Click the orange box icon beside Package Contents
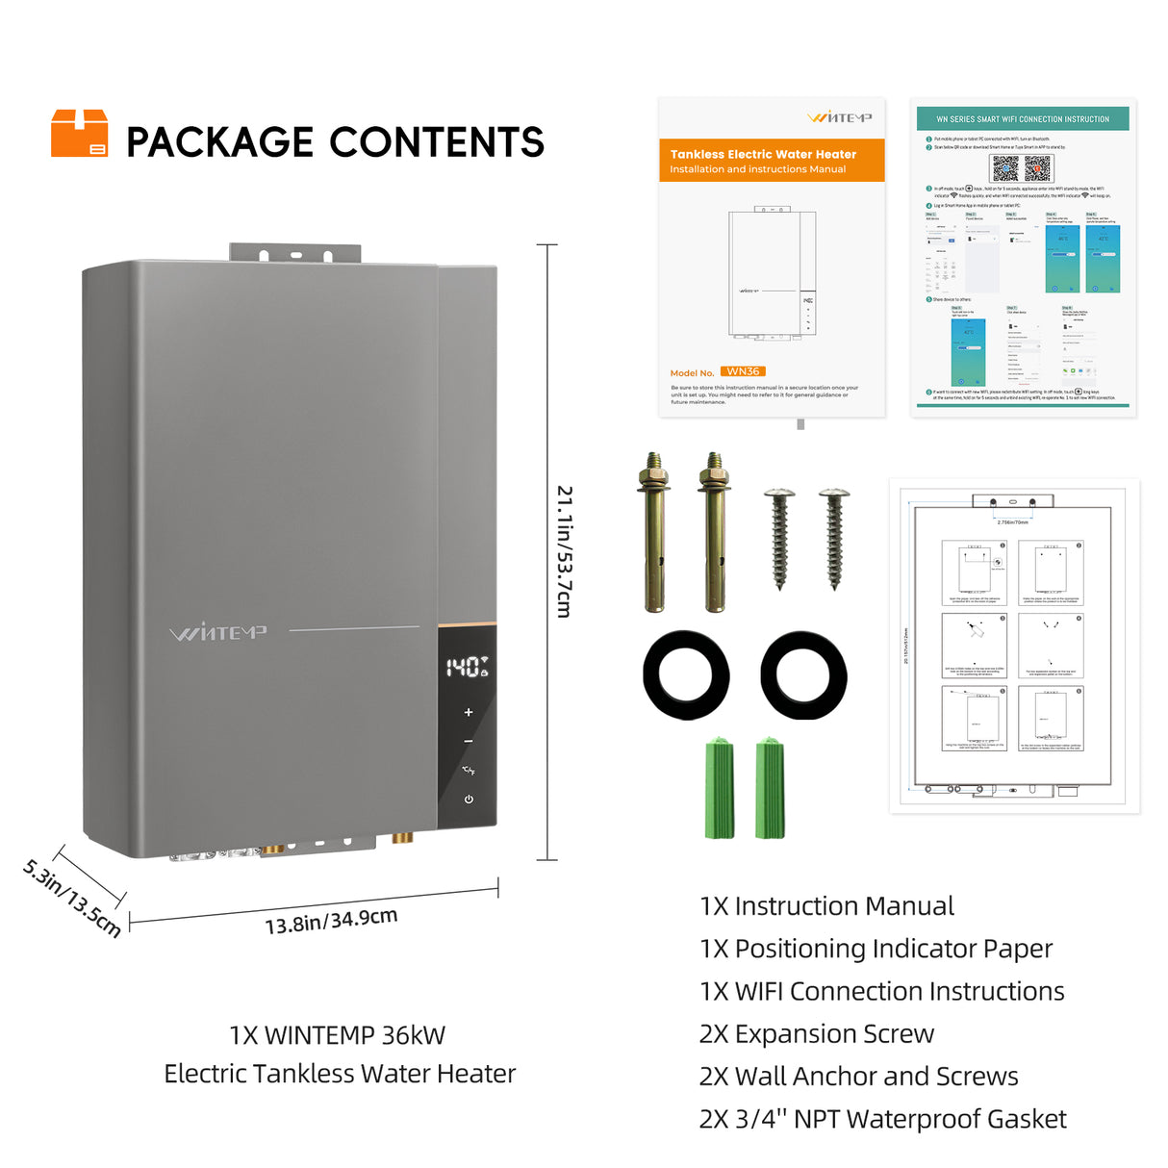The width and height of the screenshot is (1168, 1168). pyautogui.click(x=79, y=133)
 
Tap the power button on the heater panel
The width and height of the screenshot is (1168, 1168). pyautogui.click(x=469, y=799)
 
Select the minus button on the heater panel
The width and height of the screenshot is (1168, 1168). pyautogui.click(x=469, y=741)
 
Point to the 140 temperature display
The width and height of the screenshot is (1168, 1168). pyautogui.click(x=467, y=667)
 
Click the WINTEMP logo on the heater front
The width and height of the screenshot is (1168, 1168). pyautogui.click(x=218, y=632)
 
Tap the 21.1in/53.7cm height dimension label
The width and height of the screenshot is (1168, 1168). pyautogui.click(x=565, y=550)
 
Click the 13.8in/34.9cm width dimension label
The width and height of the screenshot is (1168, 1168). pyautogui.click(x=331, y=921)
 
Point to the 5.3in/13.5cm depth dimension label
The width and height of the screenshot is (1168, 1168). pyautogui.click(x=72, y=898)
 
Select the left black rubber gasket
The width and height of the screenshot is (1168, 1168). pyautogui.click(x=686, y=674)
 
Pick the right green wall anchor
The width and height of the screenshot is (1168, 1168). pyautogui.click(x=771, y=788)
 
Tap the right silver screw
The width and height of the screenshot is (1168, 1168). pyautogui.click(x=833, y=537)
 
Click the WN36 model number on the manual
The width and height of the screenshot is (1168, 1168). pyautogui.click(x=743, y=371)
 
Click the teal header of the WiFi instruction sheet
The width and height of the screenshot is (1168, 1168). pyautogui.click(x=1022, y=119)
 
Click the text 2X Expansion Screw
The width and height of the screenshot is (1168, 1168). pyautogui.click(x=816, y=1033)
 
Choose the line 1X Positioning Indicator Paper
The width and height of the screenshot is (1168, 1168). pyautogui.click(x=876, y=949)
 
